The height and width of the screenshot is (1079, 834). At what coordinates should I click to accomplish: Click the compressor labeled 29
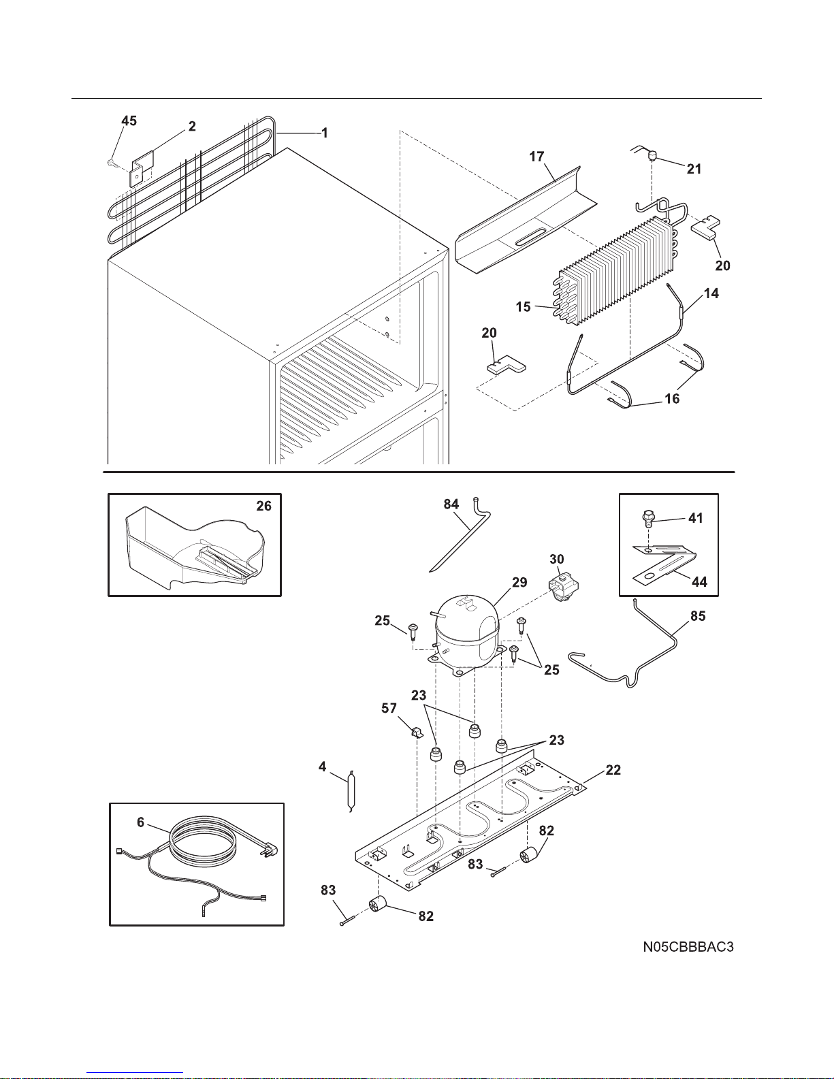(466, 636)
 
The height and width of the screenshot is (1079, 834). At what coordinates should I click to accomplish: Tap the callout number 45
(129, 120)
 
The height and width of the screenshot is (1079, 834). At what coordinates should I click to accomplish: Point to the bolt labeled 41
(647, 519)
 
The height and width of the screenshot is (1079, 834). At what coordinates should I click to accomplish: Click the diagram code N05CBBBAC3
(688, 947)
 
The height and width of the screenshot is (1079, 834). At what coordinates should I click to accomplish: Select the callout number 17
(536, 157)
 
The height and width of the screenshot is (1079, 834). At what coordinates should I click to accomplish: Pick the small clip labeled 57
(416, 733)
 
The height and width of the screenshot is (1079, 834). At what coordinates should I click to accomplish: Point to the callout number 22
(613, 770)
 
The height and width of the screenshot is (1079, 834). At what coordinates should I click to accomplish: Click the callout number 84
(451, 504)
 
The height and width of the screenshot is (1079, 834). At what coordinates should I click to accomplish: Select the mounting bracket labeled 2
(142, 169)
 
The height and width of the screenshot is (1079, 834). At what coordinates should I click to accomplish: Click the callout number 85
(698, 616)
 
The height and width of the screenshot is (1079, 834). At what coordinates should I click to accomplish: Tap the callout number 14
(711, 293)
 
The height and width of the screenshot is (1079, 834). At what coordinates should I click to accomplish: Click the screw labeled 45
(111, 163)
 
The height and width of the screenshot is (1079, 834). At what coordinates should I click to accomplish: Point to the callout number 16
(672, 399)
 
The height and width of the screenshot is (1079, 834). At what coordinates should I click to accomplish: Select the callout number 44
(699, 581)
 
